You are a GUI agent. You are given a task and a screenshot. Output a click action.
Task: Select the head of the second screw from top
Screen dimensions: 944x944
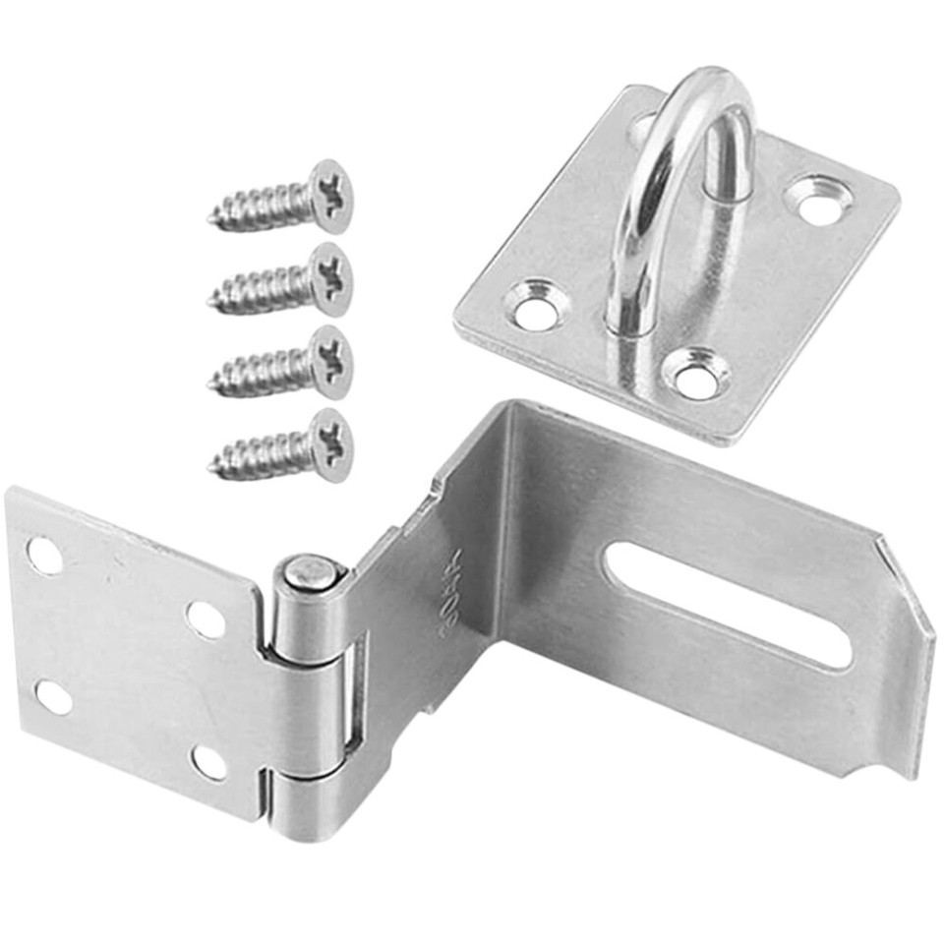click(330, 278)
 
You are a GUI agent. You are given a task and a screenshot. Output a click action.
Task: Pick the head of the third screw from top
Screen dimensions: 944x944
click(330, 362)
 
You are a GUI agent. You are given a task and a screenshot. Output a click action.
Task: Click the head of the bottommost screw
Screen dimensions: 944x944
click(330, 445)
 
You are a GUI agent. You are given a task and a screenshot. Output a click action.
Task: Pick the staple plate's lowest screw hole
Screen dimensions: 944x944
click(697, 378)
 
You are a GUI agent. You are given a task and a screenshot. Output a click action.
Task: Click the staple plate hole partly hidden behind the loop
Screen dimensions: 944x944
click(644, 129)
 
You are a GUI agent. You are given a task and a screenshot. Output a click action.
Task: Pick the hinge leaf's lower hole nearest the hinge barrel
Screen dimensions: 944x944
click(208, 761)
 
